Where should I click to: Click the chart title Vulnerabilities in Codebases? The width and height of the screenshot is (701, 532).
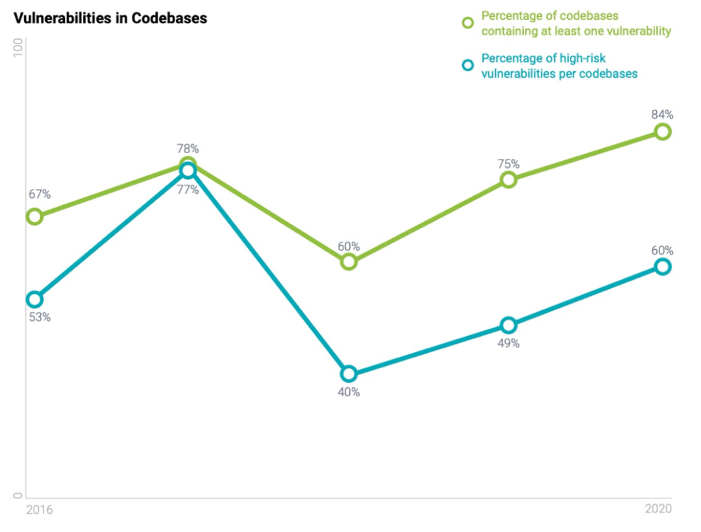110,18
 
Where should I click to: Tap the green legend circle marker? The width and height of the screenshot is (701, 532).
467,23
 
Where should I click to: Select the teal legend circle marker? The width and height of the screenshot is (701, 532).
467,65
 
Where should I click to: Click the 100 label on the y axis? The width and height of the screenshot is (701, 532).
18,49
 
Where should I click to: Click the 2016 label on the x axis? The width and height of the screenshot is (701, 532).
40,510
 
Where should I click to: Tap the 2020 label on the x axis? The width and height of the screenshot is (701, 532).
658,509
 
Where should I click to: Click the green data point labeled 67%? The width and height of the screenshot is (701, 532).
34,216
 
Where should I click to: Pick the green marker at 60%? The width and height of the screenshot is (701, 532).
349,261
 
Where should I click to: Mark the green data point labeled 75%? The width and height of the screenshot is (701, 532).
509,180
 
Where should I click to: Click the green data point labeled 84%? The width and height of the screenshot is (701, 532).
662,132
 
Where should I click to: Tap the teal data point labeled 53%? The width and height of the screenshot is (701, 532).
34,299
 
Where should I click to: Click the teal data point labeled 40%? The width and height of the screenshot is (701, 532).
349,374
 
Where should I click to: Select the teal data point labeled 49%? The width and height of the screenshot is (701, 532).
509,325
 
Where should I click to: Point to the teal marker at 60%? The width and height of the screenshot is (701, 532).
662,267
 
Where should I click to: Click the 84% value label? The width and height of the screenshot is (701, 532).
662,115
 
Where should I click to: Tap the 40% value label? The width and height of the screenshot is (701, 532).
349,392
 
